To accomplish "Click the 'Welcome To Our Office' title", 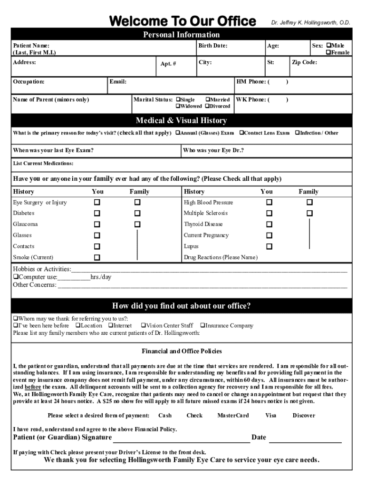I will [x=183, y=21].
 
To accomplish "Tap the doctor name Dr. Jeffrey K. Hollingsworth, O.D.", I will [x=310, y=22].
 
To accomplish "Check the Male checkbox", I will [x=328, y=46].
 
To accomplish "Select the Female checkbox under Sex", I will [x=328, y=53].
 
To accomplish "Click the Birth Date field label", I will [x=212, y=46].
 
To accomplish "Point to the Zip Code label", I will [x=304, y=62].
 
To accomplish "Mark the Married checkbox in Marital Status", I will [x=208, y=100].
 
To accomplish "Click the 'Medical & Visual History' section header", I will [x=182, y=120].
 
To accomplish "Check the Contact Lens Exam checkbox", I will [x=241, y=133].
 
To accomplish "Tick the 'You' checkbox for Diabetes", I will [x=97, y=214].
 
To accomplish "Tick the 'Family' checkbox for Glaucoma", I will [x=137, y=224].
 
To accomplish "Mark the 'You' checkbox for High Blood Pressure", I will [x=269, y=203].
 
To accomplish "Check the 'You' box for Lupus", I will [x=269, y=246].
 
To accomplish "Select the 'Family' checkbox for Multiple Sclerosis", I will [x=309, y=214].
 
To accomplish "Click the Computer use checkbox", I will [x=16, y=277].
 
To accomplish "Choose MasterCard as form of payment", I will [x=233, y=415].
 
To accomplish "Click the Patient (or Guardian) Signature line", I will [x=181, y=438].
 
